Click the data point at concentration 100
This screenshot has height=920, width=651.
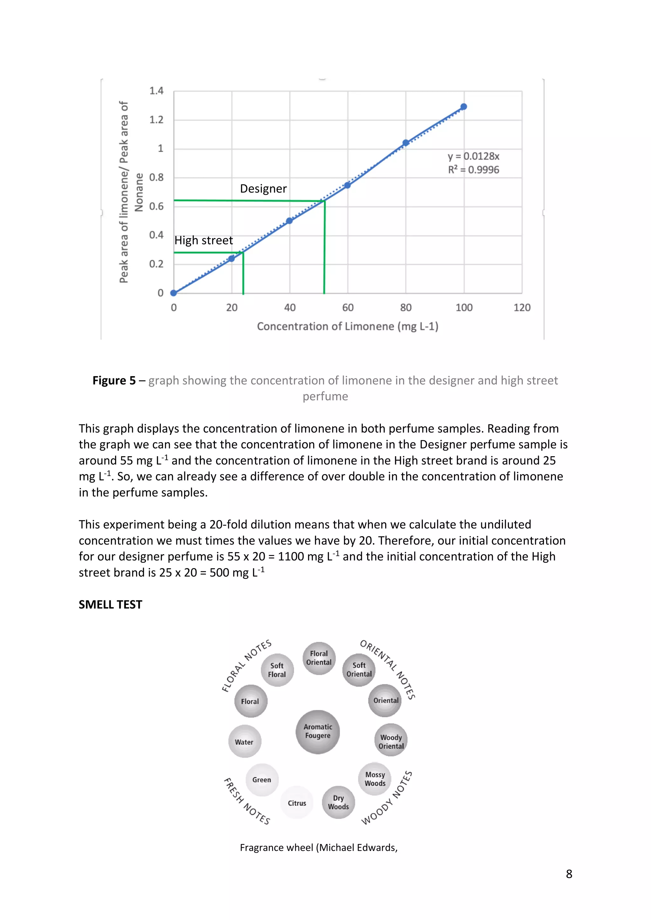click(x=463, y=107)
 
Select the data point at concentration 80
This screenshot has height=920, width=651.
click(x=406, y=143)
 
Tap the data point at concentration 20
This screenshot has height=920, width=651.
click(x=231, y=259)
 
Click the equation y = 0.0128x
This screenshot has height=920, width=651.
click(x=473, y=156)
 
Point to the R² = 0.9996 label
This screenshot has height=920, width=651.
click(x=473, y=170)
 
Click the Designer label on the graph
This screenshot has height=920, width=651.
click(x=264, y=189)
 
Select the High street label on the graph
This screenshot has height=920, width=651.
click(x=204, y=240)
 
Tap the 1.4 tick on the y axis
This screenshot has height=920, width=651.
click(x=156, y=91)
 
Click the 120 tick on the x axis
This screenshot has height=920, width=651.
click(x=522, y=308)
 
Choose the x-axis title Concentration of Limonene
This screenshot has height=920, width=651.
click(x=347, y=327)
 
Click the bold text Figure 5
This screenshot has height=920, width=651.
click(x=114, y=380)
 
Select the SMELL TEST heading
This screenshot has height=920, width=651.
click(x=110, y=604)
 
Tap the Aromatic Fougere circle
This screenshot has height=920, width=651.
click(x=318, y=732)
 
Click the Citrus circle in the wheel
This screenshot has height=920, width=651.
click(x=297, y=803)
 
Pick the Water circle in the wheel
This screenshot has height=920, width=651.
click(x=244, y=742)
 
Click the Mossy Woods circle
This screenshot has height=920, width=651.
click(x=375, y=779)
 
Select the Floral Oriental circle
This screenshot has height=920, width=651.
click(x=319, y=658)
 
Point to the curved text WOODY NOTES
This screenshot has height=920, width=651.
click(x=387, y=798)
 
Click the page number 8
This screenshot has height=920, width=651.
click(x=569, y=874)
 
